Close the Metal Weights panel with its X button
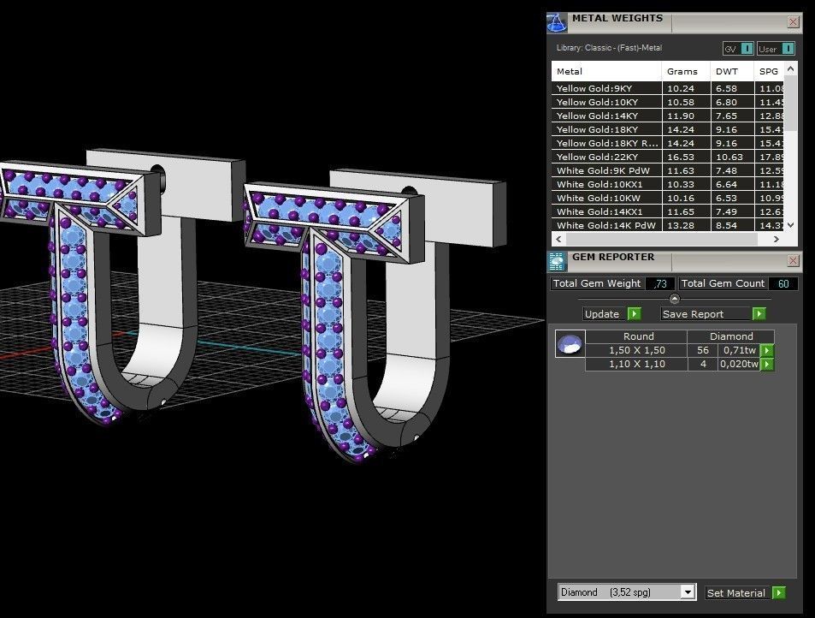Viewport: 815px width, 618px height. coord(793,22)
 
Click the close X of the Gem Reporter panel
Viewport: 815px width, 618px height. coord(793,260)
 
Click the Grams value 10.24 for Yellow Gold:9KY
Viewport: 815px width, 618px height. coord(681,88)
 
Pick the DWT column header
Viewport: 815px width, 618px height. coord(726,71)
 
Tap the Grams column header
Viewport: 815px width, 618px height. coord(682,71)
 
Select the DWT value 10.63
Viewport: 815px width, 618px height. coord(729,157)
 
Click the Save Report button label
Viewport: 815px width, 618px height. coord(693,314)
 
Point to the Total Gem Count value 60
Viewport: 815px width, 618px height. coord(783,283)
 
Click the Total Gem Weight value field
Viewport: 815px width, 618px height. coord(659,283)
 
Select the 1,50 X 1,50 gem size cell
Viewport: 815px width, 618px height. coord(636,350)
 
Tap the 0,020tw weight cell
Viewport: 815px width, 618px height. coord(741,364)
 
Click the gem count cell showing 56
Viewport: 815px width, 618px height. coord(704,350)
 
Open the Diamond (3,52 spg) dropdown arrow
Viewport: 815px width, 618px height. coord(688,592)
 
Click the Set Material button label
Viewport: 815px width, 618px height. coord(735,592)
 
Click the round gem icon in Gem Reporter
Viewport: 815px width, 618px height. coord(570,344)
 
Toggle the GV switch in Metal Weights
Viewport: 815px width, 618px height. coord(738,49)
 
